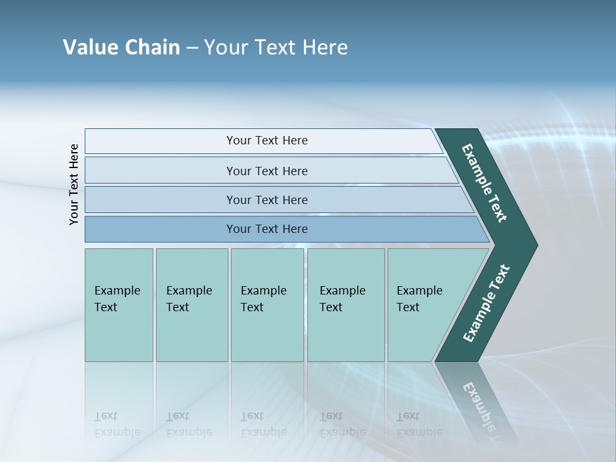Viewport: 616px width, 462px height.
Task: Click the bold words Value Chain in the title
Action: tap(121, 47)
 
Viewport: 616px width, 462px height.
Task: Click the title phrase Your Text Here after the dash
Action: tap(276, 47)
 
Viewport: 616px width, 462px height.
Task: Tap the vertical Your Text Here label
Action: tap(74, 184)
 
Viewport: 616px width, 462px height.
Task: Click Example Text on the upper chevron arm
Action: tap(484, 183)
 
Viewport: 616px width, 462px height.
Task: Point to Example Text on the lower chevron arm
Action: tap(486, 304)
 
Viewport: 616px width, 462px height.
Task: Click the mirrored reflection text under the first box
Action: tap(117, 424)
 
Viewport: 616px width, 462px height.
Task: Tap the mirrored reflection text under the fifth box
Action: tap(419, 424)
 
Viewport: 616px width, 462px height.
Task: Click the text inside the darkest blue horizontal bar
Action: tap(267, 229)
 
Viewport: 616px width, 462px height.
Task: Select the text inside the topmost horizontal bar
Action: tap(267, 141)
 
